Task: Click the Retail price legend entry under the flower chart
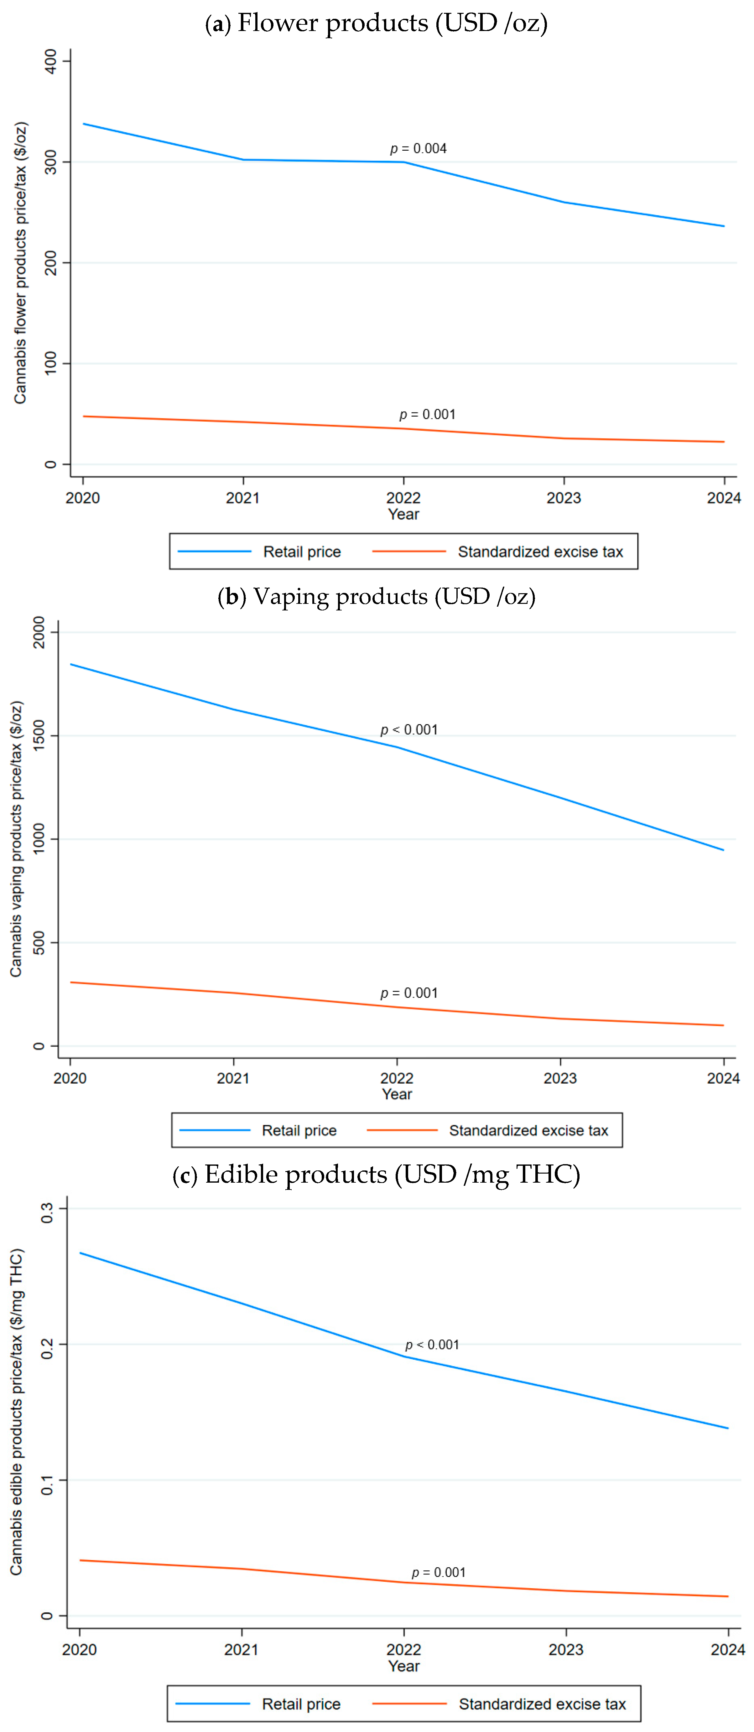[301, 552]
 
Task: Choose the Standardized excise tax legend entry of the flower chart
[540, 552]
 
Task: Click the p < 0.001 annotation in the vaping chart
[409, 729]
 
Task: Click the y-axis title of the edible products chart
[17, 1412]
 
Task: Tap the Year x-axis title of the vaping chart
[397, 1094]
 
